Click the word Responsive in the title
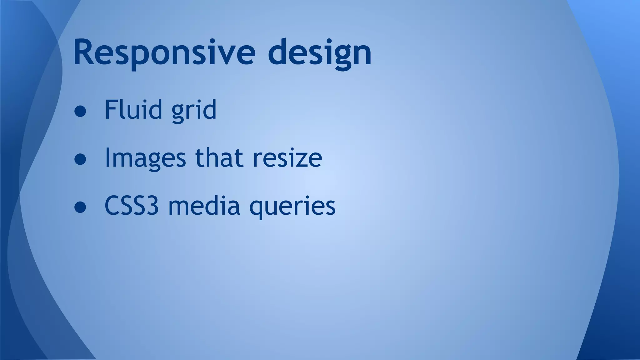tap(164, 52)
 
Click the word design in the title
tap(319, 52)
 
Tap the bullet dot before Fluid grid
tap(80, 111)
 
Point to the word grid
tap(194, 110)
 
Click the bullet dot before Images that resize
tap(80, 159)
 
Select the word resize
tap(287, 158)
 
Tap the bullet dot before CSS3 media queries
tap(80, 207)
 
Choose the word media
tap(204, 206)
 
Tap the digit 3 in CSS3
tap(152, 206)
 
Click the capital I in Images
tap(107, 157)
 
